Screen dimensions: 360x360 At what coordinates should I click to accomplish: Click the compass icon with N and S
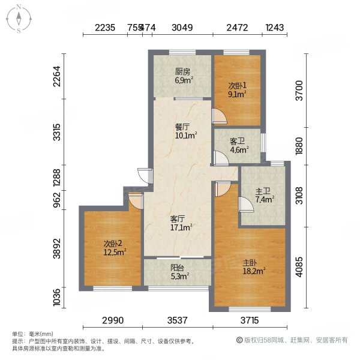point(19,19)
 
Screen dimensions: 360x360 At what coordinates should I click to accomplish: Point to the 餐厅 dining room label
point(182,127)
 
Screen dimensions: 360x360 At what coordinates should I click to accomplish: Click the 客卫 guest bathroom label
point(238,142)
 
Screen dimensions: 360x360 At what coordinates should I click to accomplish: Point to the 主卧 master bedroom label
point(251,263)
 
